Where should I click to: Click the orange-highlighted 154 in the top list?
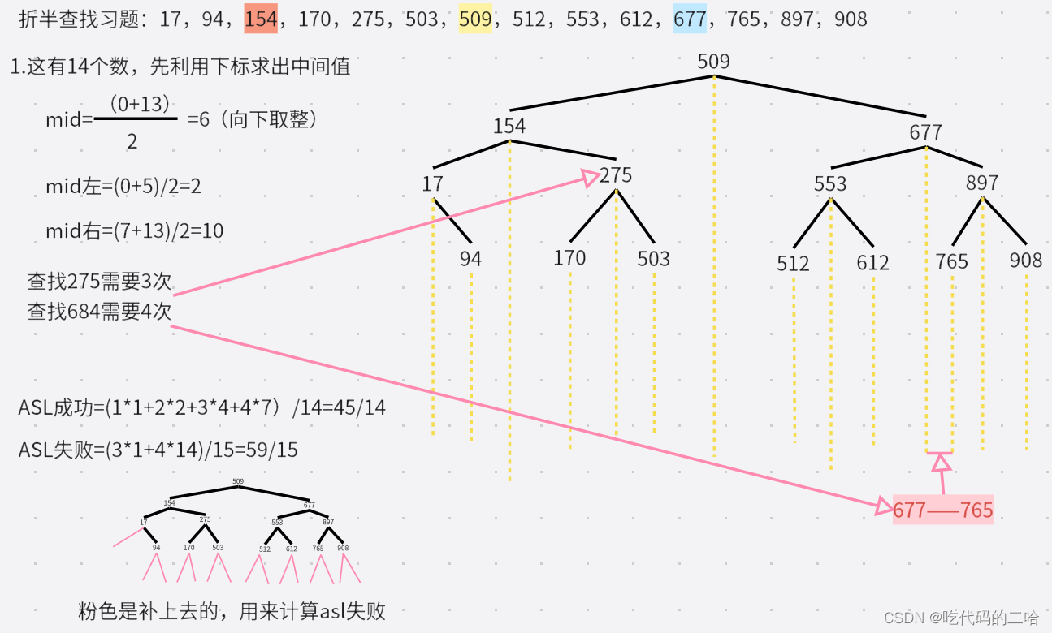261,19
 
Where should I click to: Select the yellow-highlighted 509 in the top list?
475,19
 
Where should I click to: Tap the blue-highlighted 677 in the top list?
690,19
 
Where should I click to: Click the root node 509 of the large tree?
713,62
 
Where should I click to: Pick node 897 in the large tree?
982,183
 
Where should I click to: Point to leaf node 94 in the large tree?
470,259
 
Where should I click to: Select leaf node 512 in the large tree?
793,264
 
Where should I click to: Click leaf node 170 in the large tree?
569,258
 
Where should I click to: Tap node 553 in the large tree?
830,184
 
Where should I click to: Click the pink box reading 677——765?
942,510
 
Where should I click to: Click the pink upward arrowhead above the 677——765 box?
941,463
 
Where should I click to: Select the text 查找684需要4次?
100,312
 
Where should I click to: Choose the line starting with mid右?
134,231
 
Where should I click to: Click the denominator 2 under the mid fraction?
132,141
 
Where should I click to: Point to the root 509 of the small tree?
238,481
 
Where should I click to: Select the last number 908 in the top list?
851,19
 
